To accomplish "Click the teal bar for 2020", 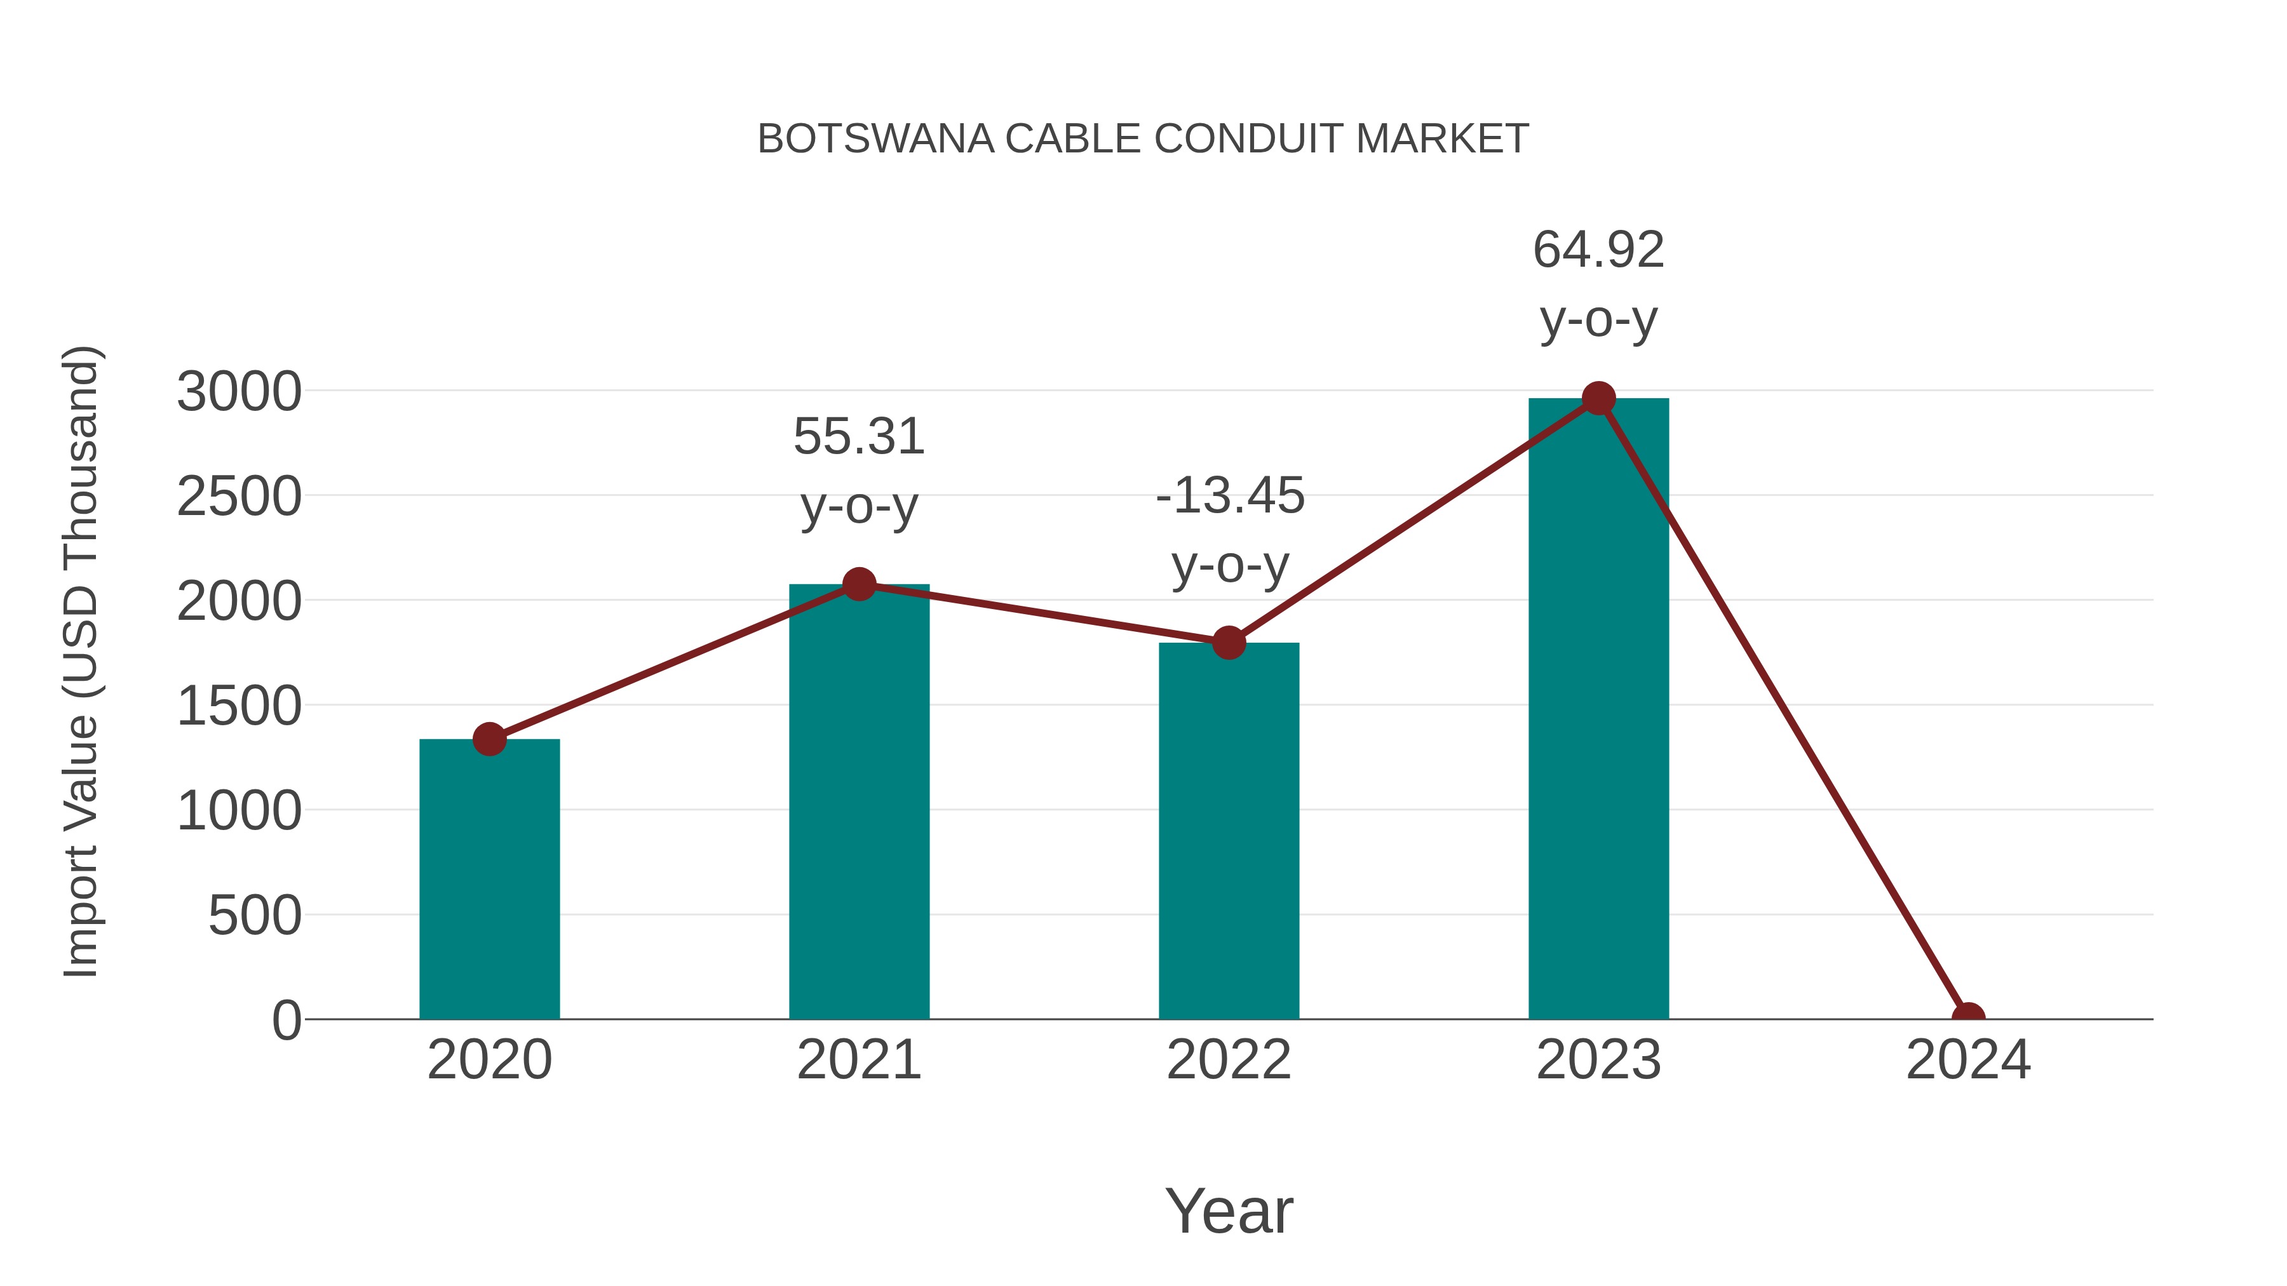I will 489,879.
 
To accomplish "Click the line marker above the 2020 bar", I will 489,739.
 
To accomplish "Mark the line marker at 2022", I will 1229,643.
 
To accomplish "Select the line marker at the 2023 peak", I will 1598,398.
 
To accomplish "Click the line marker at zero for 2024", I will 1968,1017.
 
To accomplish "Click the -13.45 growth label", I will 1230,495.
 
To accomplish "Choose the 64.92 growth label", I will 1598,250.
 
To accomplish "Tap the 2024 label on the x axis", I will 1968,1060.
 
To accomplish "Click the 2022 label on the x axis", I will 1229,1060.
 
